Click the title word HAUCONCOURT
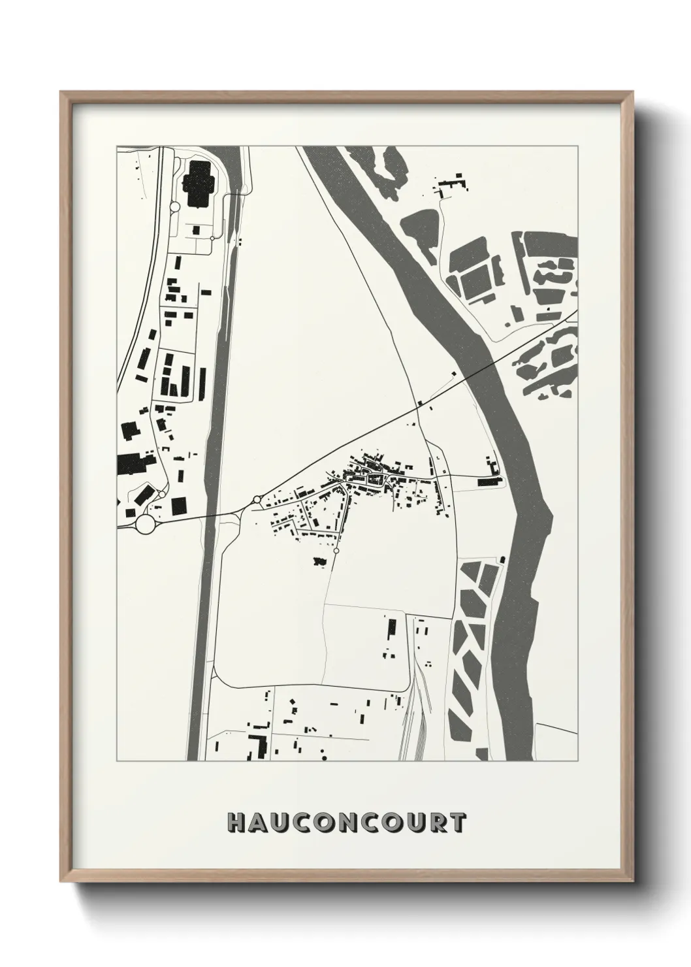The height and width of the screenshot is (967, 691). pyautogui.click(x=347, y=823)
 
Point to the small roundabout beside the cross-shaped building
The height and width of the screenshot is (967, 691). pyautogui.click(x=174, y=207)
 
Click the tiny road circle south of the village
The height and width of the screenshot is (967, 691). pyautogui.click(x=336, y=552)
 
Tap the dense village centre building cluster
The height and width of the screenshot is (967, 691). pyautogui.click(x=372, y=476)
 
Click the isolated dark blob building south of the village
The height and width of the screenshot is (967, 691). pyautogui.click(x=319, y=561)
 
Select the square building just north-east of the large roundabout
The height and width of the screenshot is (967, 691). pyautogui.click(x=178, y=505)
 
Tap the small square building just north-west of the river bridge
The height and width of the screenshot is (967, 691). pyautogui.click(x=455, y=374)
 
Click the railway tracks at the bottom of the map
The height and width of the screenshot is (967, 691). pyautogui.click(x=411, y=725)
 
